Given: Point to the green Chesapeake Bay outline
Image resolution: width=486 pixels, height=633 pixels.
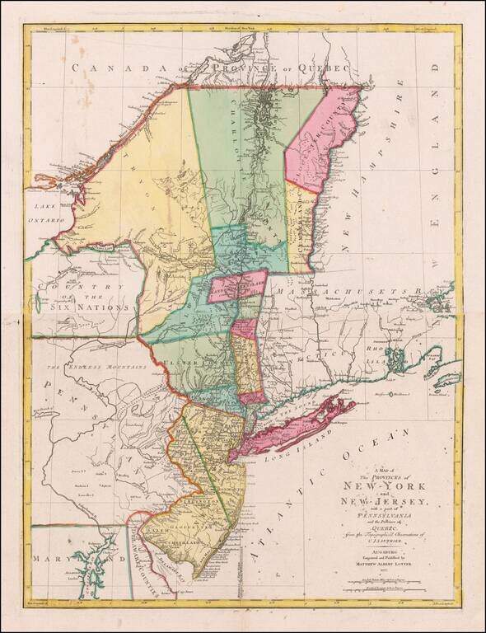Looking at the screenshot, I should [x=96, y=560].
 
